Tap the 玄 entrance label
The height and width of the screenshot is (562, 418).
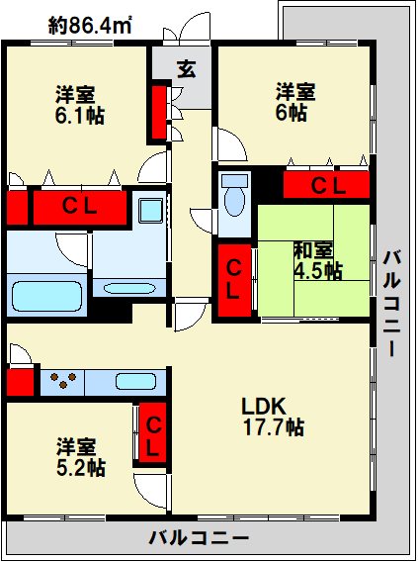(x=187, y=69)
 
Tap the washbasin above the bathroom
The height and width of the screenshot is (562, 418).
(x=152, y=211)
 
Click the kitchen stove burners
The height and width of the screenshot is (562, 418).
(x=64, y=380)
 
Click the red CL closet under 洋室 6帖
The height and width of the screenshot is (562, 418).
(x=326, y=185)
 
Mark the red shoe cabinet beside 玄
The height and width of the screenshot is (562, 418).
(x=158, y=112)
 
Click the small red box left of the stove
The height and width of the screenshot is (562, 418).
(x=20, y=381)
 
